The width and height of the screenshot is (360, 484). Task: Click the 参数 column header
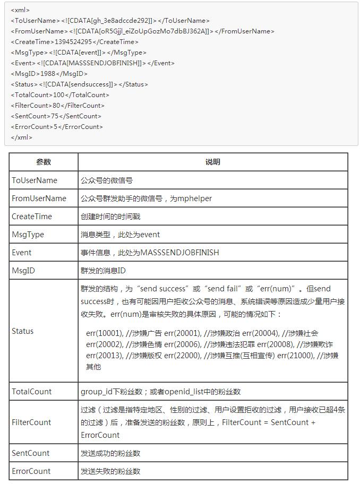(x=44, y=162)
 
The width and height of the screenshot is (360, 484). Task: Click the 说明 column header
(x=212, y=162)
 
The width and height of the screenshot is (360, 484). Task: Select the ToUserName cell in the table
(x=35, y=180)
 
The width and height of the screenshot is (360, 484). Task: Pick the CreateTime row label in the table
(x=32, y=217)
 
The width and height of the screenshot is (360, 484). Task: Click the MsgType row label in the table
(x=28, y=235)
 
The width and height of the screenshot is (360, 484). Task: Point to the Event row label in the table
(x=22, y=253)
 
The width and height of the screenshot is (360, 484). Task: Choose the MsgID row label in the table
(x=23, y=271)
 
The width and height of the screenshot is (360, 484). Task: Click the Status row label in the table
(x=23, y=331)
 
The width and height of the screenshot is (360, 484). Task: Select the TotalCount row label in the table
(x=32, y=392)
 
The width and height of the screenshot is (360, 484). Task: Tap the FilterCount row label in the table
(x=31, y=422)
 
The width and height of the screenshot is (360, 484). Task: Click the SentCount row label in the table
(x=31, y=453)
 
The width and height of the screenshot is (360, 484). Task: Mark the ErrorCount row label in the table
(x=31, y=471)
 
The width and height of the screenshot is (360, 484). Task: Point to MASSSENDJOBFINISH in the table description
(x=179, y=253)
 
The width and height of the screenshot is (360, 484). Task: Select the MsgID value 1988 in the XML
(x=48, y=74)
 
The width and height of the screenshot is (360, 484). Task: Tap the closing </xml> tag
(x=22, y=137)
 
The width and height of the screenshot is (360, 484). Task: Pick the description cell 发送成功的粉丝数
(x=110, y=453)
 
